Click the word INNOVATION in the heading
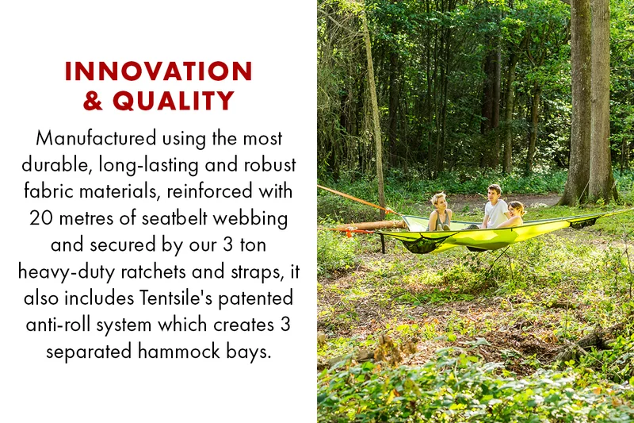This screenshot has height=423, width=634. [158, 71]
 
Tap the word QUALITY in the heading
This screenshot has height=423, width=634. [174, 100]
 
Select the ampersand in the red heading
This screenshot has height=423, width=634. [93, 100]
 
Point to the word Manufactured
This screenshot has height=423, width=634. [96, 138]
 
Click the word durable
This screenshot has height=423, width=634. [55, 165]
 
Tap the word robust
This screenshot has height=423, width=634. [269, 165]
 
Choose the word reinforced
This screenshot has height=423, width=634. [209, 191]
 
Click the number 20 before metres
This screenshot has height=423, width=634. [40, 218]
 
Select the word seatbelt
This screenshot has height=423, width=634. [174, 217]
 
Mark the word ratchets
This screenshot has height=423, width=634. [153, 271]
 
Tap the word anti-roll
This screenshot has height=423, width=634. [58, 325]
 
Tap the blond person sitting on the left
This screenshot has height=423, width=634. [440, 212]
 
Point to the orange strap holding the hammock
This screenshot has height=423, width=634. [355, 199]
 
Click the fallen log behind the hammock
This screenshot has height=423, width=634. [370, 225]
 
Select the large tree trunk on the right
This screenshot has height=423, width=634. [588, 102]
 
